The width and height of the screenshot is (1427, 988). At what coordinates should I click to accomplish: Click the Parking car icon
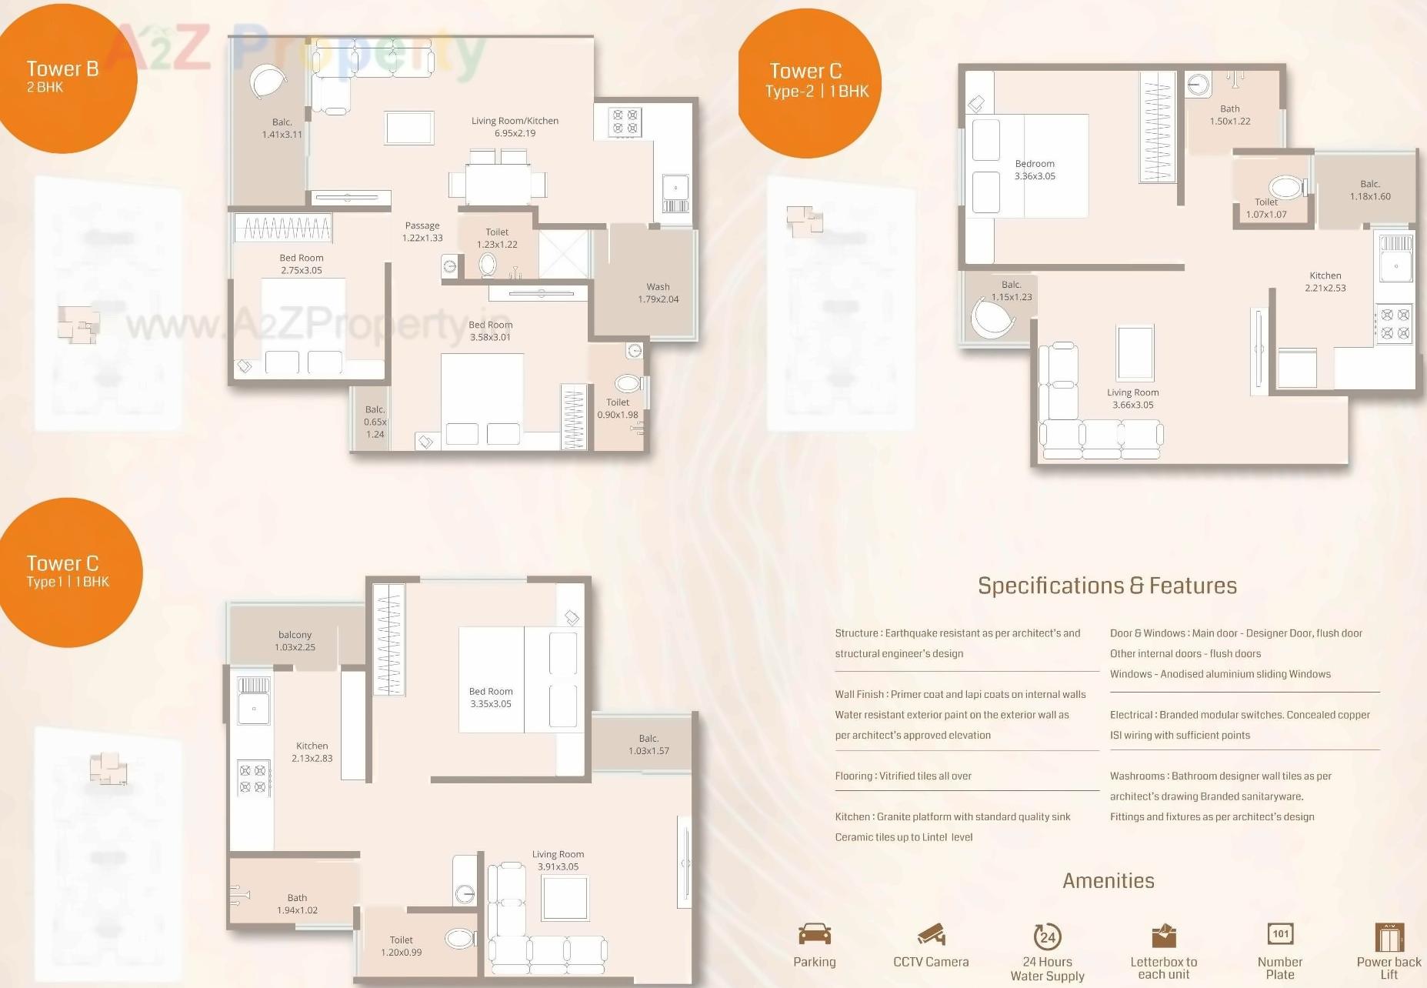[x=814, y=934]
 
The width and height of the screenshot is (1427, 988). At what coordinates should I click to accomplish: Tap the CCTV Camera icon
[x=931, y=934]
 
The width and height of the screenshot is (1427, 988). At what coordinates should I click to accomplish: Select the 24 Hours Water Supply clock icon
[x=1047, y=936]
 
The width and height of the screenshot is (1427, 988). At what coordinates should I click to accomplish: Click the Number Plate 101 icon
[x=1280, y=934]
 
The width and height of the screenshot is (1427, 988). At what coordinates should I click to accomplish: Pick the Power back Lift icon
[x=1389, y=936]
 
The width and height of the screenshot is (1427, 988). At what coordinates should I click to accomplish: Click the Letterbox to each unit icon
[x=1164, y=936]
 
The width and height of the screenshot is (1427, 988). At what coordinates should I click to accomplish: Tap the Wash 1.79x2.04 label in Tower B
[x=658, y=293]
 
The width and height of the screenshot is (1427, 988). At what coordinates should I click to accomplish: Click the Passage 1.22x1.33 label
[x=422, y=232]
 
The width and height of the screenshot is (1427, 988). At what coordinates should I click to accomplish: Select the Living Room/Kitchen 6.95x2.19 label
[x=515, y=127]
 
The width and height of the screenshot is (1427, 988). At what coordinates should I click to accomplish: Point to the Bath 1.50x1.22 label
[x=1229, y=115]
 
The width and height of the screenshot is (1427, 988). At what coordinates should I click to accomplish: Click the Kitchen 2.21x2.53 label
[x=1325, y=282]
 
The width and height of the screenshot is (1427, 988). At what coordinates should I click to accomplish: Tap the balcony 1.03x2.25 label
[x=295, y=641]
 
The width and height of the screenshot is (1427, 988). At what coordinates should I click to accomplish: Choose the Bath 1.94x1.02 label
[x=297, y=903]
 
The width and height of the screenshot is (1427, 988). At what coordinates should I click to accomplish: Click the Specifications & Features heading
[x=1107, y=586]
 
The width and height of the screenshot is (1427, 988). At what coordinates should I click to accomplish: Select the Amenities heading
[x=1108, y=881]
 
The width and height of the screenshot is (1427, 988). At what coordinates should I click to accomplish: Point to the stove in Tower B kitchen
[x=624, y=122]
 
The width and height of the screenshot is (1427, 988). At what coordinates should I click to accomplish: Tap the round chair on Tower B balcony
[x=268, y=82]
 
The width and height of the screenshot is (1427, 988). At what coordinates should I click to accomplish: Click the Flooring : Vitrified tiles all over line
[x=903, y=776]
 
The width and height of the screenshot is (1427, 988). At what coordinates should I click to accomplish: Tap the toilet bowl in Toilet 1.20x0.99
[x=459, y=938]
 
